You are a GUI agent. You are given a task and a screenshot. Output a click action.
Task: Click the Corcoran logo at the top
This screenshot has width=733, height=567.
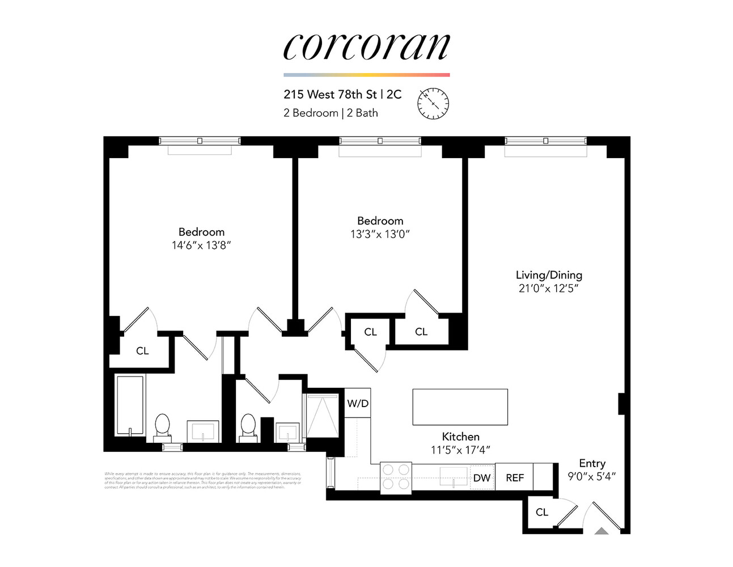pyautogui.click(x=366, y=46)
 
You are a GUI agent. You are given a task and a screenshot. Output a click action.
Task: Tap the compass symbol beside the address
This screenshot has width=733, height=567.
pyautogui.click(x=433, y=103)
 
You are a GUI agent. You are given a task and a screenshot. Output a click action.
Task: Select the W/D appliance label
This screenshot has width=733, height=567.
pyautogui.click(x=358, y=403)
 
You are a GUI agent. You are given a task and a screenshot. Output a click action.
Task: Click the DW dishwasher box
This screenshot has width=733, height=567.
pyautogui.click(x=482, y=477)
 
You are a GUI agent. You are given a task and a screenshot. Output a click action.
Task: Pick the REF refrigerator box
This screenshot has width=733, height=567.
pyautogui.click(x=515, y=477)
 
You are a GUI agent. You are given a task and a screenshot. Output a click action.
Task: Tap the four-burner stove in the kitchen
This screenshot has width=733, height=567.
pyautogui.click(x=396, y=477)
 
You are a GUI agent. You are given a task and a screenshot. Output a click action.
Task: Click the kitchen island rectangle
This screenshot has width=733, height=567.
pyautogui.click(x=460, y=407)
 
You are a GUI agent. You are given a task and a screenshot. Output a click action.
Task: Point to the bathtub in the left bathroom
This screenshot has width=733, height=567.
pyautogui.click(x=130, y=404)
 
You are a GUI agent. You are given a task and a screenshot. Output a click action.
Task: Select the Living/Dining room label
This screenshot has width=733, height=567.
pyautogui.click(x=549, y=275)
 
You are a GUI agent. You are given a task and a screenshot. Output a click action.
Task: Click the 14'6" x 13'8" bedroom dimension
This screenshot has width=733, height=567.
pyautogui.click(x=201, y=246)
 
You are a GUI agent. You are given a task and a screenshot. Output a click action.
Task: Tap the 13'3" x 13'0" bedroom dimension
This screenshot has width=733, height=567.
pyautogui.click(x=380, y=234)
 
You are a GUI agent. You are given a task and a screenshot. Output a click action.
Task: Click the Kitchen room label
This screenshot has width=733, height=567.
pyautogui.click(x=460, y=437)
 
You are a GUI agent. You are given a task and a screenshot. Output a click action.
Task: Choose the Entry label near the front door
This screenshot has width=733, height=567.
pyautogui.click(x=592, y=463)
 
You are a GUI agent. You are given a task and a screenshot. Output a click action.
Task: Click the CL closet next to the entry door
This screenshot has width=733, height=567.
pyautogui.click(x=542, y=512)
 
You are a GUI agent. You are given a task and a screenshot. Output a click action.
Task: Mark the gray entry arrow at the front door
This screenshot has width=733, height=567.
pyautogui.click(x=601, y=531)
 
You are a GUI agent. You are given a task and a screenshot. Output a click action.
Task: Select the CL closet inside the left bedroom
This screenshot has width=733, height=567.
pyautogui.click(x=142, y=351)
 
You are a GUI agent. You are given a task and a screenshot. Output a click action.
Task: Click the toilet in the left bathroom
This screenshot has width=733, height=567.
pyautogui.click(x=162, y=426)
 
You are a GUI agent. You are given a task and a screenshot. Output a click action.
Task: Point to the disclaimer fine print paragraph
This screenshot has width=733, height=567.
pyautogui.click(x=203, y=480)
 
